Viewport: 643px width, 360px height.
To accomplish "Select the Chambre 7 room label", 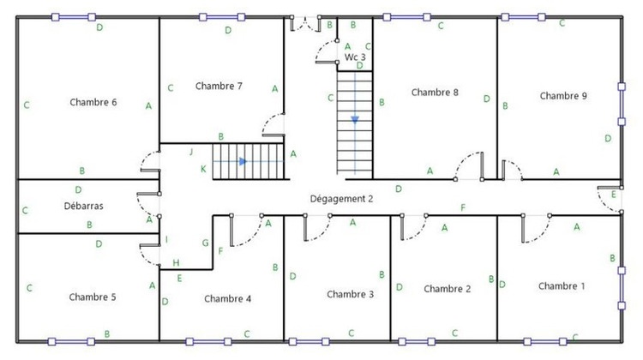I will tap(219, 86).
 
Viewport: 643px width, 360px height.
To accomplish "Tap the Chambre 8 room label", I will tap(435, 92).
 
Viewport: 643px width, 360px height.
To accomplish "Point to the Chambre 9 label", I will tap(563, 96).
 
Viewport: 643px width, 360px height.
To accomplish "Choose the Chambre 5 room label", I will tap(93, 297).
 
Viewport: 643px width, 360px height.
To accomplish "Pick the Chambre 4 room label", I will tap(228, 299).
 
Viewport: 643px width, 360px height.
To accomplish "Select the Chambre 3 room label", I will tap(351, 294).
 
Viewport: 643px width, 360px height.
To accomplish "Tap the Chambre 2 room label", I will tap(448, 289).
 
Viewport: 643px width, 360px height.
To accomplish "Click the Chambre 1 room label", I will tap(562, 285).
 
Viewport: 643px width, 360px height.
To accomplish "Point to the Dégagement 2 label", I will tap(342, 199).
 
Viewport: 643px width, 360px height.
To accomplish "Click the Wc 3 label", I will tap(356, 57).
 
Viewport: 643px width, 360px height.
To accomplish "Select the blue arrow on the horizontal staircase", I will tap(243, 161).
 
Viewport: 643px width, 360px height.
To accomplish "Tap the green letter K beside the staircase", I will tap(203, 169).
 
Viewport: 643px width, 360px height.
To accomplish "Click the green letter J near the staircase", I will tap(191, 152).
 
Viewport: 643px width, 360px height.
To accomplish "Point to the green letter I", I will tap(167, 239).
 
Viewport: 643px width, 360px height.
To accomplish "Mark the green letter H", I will tap(176, 262).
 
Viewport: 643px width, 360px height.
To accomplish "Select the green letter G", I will tap(205, 243).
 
